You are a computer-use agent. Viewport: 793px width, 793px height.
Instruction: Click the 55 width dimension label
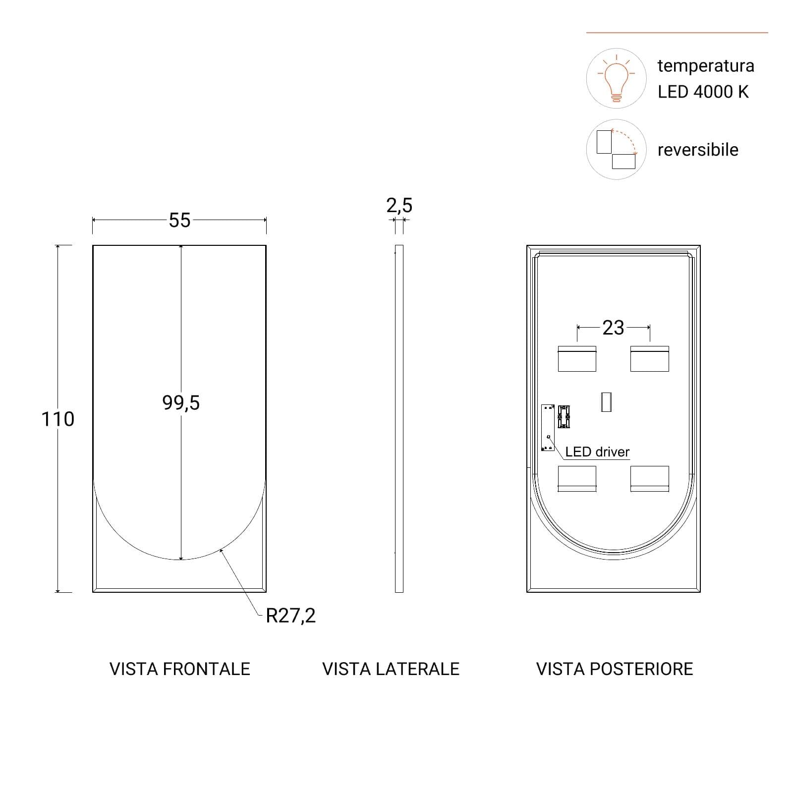pos(179,220)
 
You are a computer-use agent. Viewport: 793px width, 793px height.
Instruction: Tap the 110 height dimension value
pos(57,419)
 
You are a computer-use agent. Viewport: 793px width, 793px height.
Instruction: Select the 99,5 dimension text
pos(181,403)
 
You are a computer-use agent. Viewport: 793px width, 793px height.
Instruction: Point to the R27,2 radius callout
pos(290,616)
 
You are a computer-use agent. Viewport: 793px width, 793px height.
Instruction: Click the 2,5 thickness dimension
pos(399,205)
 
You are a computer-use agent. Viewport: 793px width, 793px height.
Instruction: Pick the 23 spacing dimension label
pos(613,328)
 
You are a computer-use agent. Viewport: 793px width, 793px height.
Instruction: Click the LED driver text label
pos(597,452)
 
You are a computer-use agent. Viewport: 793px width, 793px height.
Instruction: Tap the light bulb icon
pos(616,78)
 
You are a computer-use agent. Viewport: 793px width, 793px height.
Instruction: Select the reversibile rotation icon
pos(617,149)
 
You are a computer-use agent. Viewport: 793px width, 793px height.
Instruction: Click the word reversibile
pos(698,150)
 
